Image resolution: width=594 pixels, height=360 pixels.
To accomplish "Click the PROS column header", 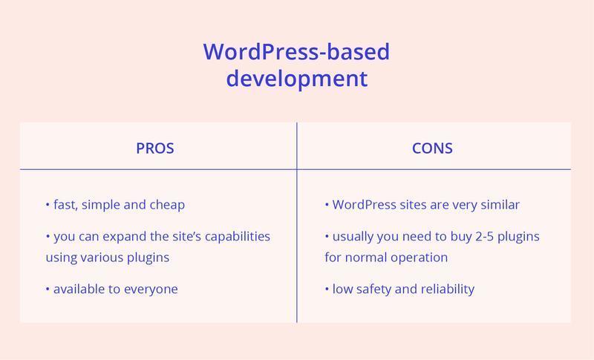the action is click(x=155, y=148).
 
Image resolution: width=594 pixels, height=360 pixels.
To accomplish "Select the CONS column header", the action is click(x=432, y=148).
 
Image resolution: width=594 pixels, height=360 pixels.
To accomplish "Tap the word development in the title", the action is click(x=296, y=79).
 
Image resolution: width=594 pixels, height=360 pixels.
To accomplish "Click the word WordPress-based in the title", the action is click(x=296, y=51).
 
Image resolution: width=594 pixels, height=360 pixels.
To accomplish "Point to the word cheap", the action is click(x=167, y=205).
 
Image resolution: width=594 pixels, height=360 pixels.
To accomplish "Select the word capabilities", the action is click(x=237, y=237).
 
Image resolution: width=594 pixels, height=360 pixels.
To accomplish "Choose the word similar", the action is click(x=500, y=205).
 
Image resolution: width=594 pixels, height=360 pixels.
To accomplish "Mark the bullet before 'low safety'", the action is click(x=327, y=289).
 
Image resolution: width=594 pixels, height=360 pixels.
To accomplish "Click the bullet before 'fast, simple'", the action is click(x=48, y=205).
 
